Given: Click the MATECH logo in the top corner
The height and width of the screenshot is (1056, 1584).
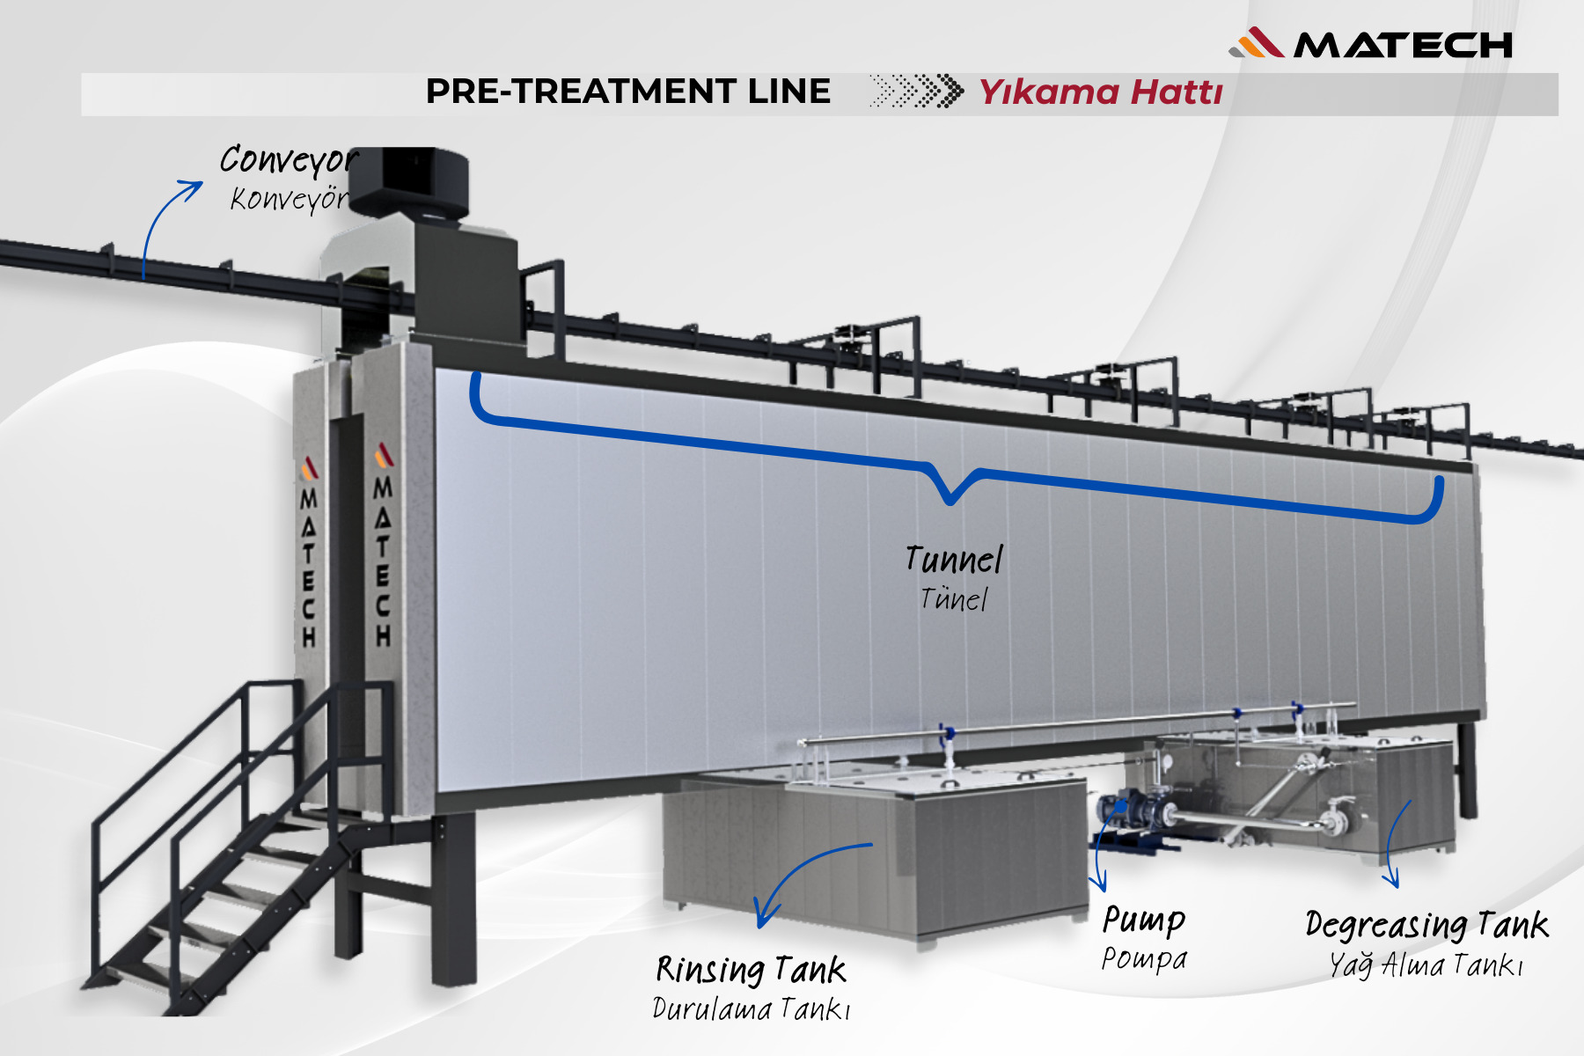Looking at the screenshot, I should click(1371, 43).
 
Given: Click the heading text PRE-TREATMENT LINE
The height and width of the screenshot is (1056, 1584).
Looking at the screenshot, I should click(627, 92).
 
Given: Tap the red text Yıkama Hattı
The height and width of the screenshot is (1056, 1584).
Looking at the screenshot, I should click(1101, 92).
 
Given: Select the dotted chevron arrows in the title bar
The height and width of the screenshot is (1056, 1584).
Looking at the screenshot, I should click(916, 91).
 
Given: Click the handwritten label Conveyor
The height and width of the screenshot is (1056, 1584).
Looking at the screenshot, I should click(287, 160).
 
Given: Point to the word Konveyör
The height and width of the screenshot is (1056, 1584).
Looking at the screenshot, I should click(289, 200).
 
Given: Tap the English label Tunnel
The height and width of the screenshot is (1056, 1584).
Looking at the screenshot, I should click(954, 560).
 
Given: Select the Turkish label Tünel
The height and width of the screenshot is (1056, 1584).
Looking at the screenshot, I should click(954, 599).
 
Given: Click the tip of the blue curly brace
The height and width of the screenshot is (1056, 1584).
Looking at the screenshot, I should click(950, 500).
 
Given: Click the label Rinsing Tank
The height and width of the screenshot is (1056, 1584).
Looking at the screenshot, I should click(751, 970).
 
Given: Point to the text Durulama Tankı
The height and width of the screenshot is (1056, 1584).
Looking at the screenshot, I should click(751, 1008).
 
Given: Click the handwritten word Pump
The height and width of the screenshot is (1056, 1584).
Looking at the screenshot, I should click(1144, 920).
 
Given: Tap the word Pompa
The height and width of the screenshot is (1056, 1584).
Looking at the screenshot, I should click(1144, 958).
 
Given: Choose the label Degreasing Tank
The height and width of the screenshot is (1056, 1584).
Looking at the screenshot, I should click(1426, 925).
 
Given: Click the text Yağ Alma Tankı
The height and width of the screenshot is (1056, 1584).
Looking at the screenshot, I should click(1426, 965).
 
